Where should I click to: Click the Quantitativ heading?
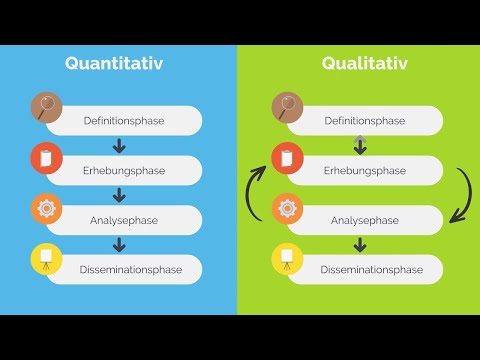coord(114,64)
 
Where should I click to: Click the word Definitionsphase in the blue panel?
coord(124,121)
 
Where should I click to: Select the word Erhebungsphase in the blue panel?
coord(123,171)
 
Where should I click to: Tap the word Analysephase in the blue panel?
coord(123,220)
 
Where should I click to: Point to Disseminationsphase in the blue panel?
coord(123,270)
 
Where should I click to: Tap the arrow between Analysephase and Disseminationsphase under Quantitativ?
coord(120,245)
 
